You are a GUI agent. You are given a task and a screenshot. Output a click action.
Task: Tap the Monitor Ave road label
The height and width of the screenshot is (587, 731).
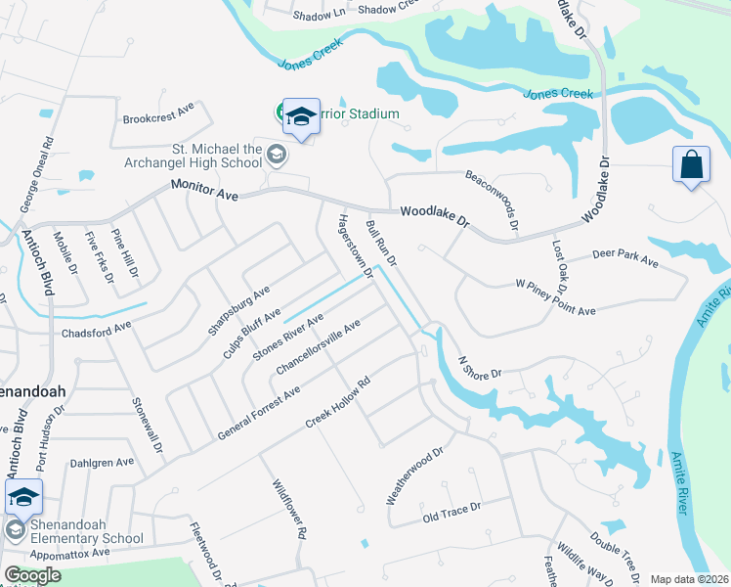(204, 191)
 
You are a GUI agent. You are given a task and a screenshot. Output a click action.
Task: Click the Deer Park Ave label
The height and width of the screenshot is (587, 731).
(625, 259)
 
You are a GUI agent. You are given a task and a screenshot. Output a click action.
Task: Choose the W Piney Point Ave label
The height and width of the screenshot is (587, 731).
(555, 297)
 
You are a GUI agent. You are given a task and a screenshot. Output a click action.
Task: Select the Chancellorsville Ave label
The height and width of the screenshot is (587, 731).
(319, 346)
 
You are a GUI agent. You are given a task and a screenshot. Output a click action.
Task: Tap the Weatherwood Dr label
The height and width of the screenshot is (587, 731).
(414, 476)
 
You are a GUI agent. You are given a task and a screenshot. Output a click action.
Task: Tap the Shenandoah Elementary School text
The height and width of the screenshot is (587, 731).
(86, 531)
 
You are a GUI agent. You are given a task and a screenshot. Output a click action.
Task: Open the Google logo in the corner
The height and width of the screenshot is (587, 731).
(32, 575)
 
